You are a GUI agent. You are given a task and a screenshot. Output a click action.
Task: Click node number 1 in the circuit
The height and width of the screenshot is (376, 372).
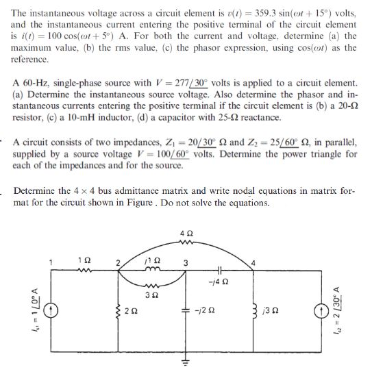click(x=49, y=261)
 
